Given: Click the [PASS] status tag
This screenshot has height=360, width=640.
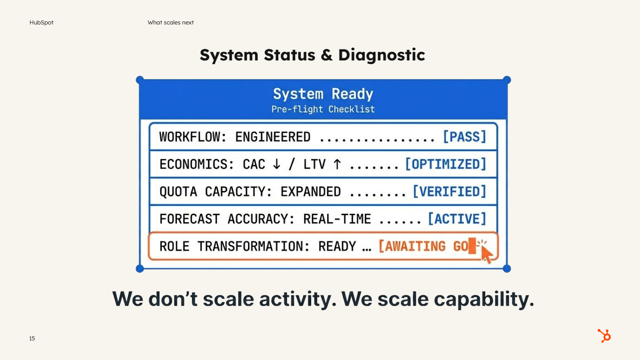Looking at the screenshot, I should click(x=464, y=136).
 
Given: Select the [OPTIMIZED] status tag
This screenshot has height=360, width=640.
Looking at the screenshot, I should click(x=445, y=164).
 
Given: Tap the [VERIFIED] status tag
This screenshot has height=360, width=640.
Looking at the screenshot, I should click(x=449, y=192).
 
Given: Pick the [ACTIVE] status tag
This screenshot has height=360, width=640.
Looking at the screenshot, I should click(x=457, y=219).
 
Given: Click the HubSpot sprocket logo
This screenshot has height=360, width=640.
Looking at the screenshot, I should click(x=604, y=336).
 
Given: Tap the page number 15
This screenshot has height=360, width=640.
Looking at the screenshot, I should click(x=32, y=339).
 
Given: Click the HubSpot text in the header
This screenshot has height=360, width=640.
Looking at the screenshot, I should click(x=41, y=23).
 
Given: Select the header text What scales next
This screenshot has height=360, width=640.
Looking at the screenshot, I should click(x=171, y=23).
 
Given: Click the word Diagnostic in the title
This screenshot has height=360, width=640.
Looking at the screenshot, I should click(x=381, y=55).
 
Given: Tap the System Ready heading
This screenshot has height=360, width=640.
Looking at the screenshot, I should click(x=323, y=94).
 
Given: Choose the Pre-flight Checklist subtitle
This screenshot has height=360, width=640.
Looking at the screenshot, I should click(x=323, y=109).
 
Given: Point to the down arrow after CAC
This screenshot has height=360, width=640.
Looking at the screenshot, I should click(x=276, y=164).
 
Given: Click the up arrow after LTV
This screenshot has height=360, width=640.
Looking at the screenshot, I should click(x=337, y=164).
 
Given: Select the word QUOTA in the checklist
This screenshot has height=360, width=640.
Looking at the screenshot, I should click(x=178, y=192).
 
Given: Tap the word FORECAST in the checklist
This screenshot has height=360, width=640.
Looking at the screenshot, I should click(x=189, y=219).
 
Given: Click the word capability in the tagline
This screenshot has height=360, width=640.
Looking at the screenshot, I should click(x=484, y=299).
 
